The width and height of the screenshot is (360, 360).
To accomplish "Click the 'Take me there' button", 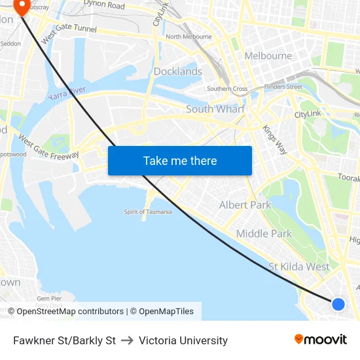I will point(179,160).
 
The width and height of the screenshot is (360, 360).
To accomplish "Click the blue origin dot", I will point(338,304).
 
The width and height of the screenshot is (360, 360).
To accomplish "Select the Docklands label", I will point(177,71).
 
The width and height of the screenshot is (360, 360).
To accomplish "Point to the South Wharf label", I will point(215,109).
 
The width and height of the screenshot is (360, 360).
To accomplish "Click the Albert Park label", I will point(245,205).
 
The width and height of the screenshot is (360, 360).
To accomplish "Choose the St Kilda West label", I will point(299,266).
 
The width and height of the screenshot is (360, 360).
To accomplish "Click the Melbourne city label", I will point(268,56).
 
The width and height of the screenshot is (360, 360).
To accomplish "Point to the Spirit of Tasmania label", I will point(148,211).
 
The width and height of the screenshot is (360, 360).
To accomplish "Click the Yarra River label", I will point(66,94).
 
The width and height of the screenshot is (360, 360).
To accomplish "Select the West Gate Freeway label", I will point(48,147).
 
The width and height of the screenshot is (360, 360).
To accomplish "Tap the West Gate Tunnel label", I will point(69,33).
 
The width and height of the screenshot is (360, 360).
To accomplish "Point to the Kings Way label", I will point(274,139).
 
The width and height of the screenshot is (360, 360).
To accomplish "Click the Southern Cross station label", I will point(227,89).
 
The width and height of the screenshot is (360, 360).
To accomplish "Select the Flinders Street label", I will point(283,86).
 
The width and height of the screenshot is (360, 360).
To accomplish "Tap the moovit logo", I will point(321,340).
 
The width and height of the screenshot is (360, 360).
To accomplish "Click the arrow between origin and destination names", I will point(127,340).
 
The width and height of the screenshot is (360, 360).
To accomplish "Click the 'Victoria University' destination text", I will point(183,340).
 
